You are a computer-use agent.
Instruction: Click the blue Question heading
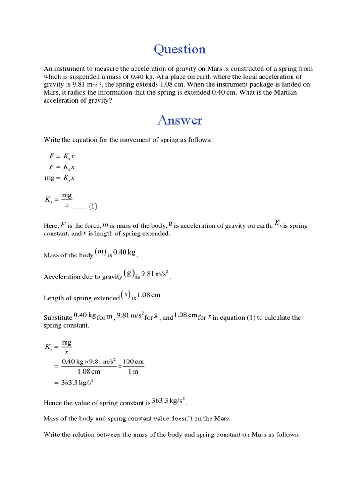180,49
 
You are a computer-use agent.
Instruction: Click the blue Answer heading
180,120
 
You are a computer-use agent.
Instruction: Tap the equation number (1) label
92,206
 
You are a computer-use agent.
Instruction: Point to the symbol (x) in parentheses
125,295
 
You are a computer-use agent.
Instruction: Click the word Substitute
58,318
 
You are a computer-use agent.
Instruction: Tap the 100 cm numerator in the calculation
134,362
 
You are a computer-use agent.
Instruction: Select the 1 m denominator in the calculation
134,372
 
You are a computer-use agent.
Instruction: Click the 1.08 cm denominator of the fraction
89,372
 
